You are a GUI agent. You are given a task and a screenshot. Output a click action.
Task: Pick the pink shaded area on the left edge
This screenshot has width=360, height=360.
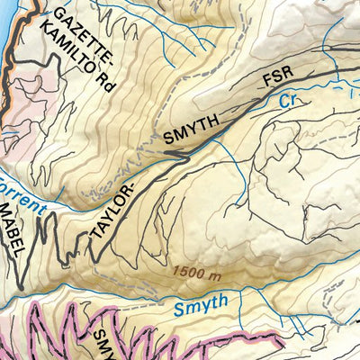coord(18,126)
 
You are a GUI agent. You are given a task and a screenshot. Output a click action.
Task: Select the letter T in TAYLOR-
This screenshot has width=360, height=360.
coord(94,237)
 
